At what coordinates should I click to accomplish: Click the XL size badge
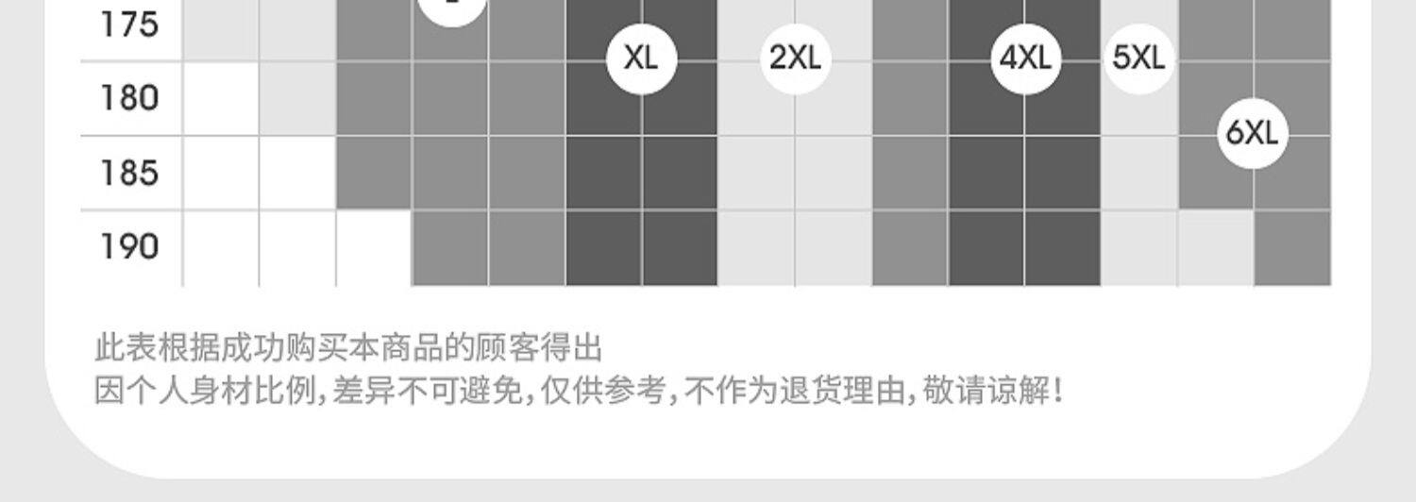641,59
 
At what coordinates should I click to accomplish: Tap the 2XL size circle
795,59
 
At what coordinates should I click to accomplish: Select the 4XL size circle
1024,59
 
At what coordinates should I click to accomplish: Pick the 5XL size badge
1138,59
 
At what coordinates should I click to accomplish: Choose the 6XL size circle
1252,133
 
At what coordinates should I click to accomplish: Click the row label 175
129,24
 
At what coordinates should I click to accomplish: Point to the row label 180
129,98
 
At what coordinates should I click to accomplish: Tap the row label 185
129,173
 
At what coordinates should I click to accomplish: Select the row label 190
129,247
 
